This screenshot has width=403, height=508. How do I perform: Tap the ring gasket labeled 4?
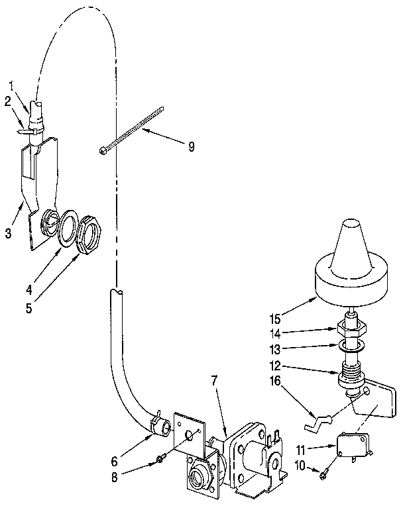tap(67, 227)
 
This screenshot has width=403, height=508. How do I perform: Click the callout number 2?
tap(8, 101)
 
